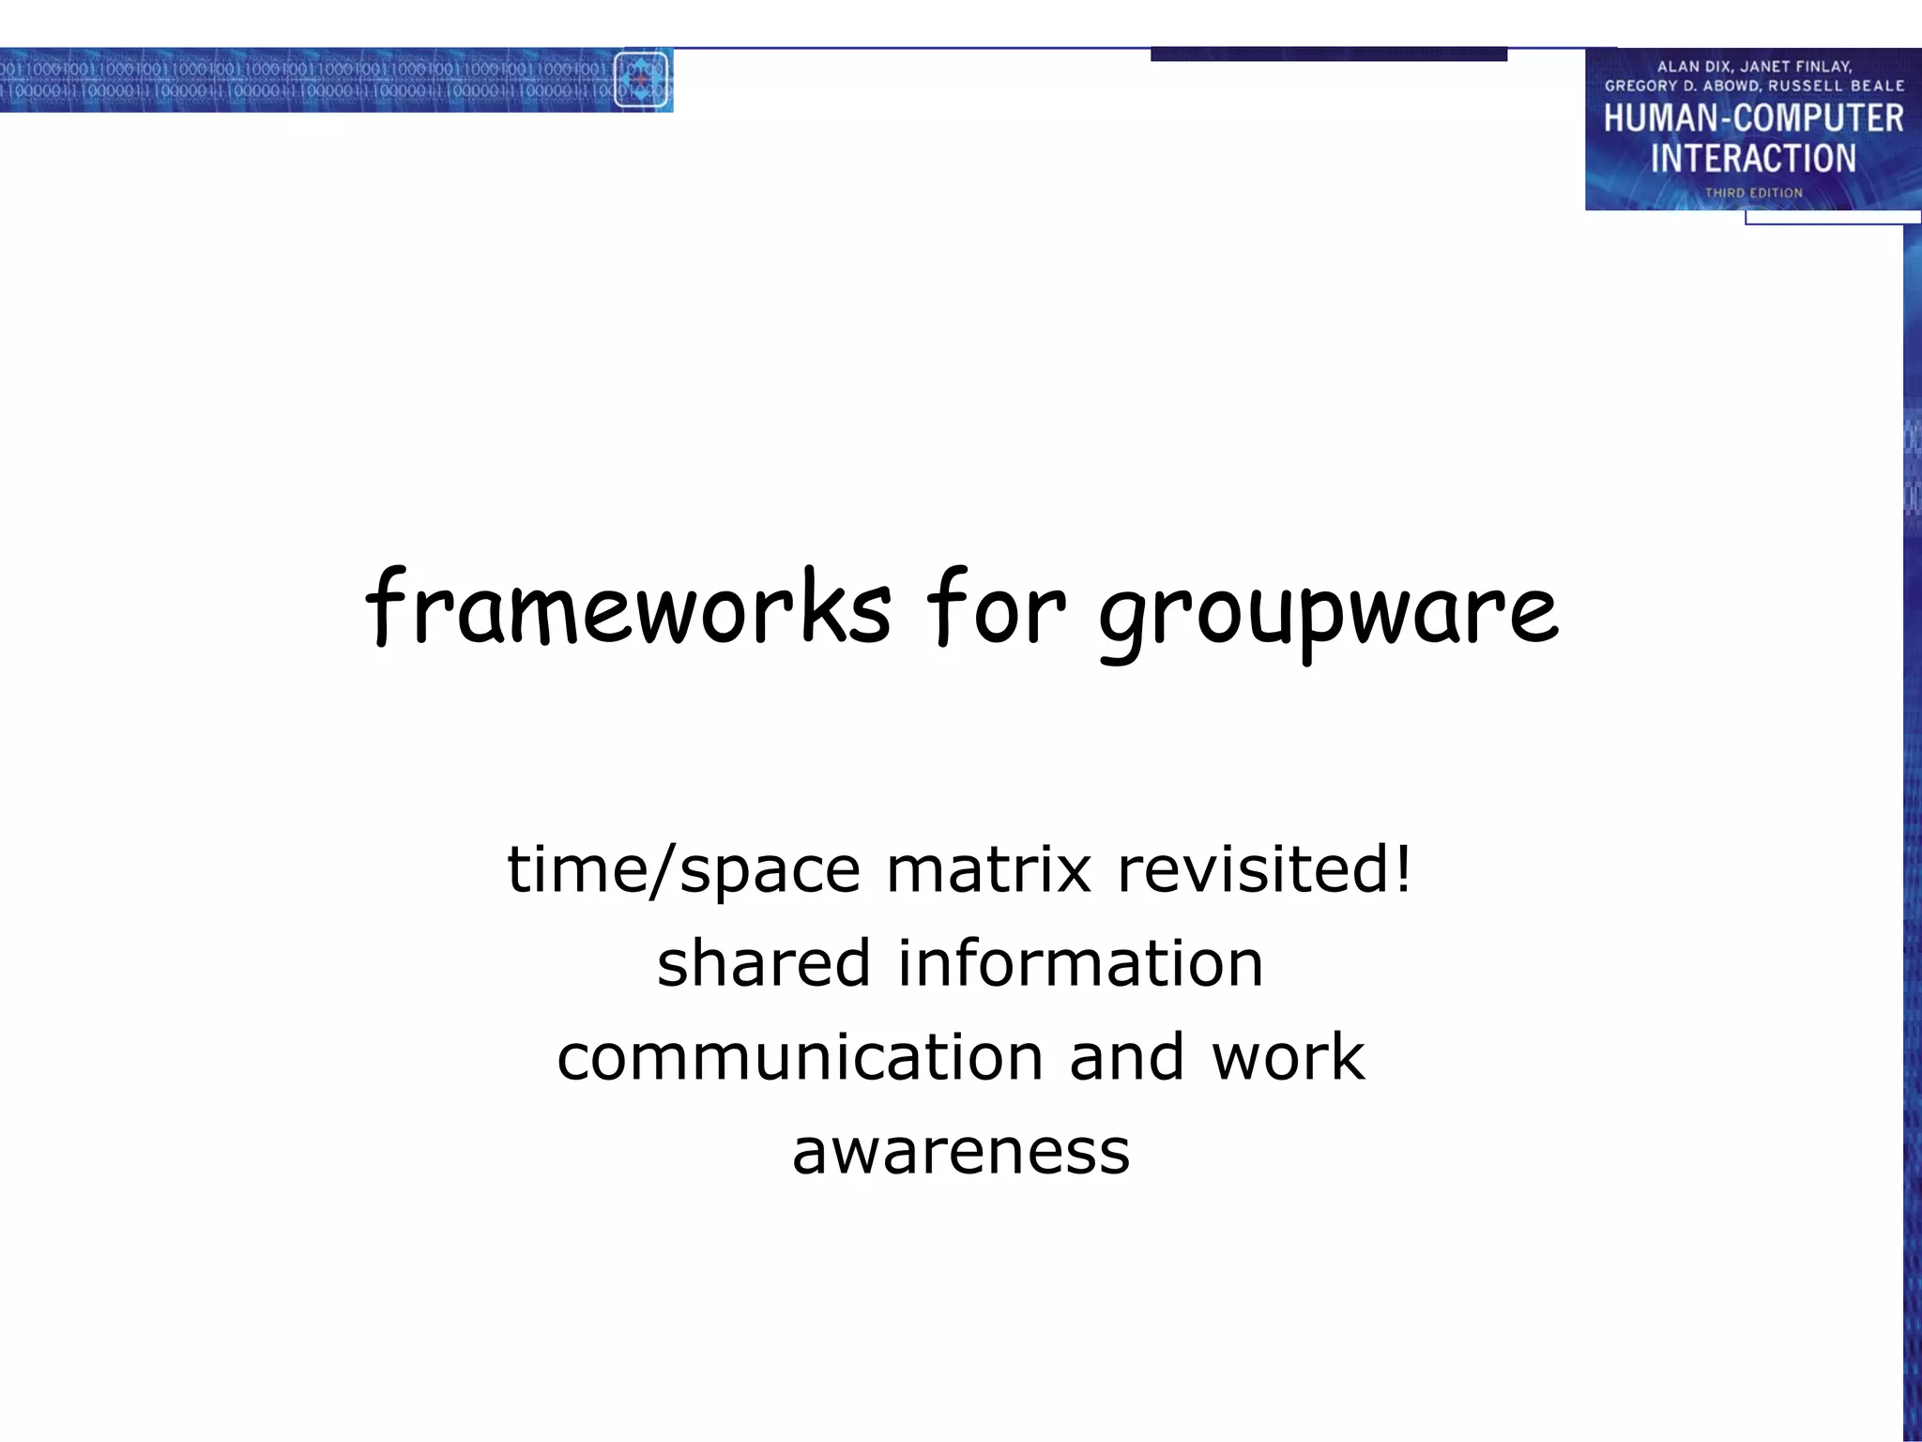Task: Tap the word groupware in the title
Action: tap(1328, 612)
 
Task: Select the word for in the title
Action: tap(995, 608)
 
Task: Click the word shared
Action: tap(764, 964)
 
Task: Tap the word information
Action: tap(1080, 964)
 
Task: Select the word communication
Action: tap(800, 1058)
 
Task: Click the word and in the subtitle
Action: tap(1126, 1058)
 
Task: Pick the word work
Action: tap(1288, 1058)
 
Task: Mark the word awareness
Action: tap(961, 1152)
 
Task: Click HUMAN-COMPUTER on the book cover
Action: tap(1753, 119)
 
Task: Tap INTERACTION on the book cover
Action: tap(1753, 159)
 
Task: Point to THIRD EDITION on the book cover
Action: tap(1753, 193)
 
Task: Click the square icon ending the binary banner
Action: tap(641, 80)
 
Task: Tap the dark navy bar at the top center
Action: tap(1328, 54)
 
